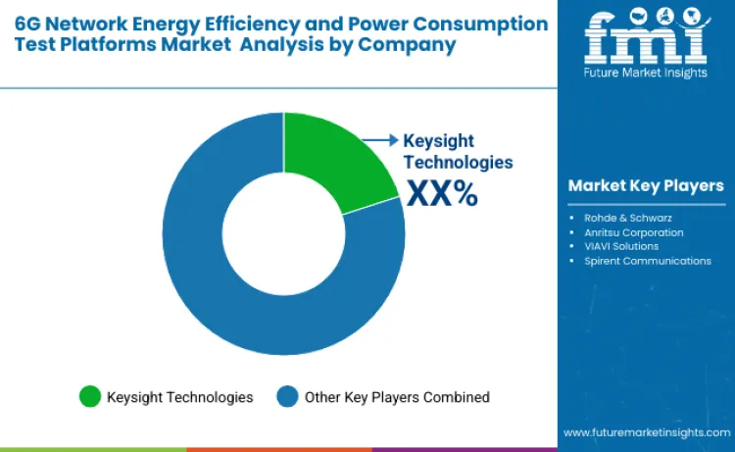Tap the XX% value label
point(442,193)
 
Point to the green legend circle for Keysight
point(90,397)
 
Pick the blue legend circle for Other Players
point(287,397)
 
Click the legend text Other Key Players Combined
point(397,397)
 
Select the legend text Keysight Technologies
point(180,397)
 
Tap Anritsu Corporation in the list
point(634,232)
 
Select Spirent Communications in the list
point(648,261)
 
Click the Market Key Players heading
point(646,185)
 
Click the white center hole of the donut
point(283,234)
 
